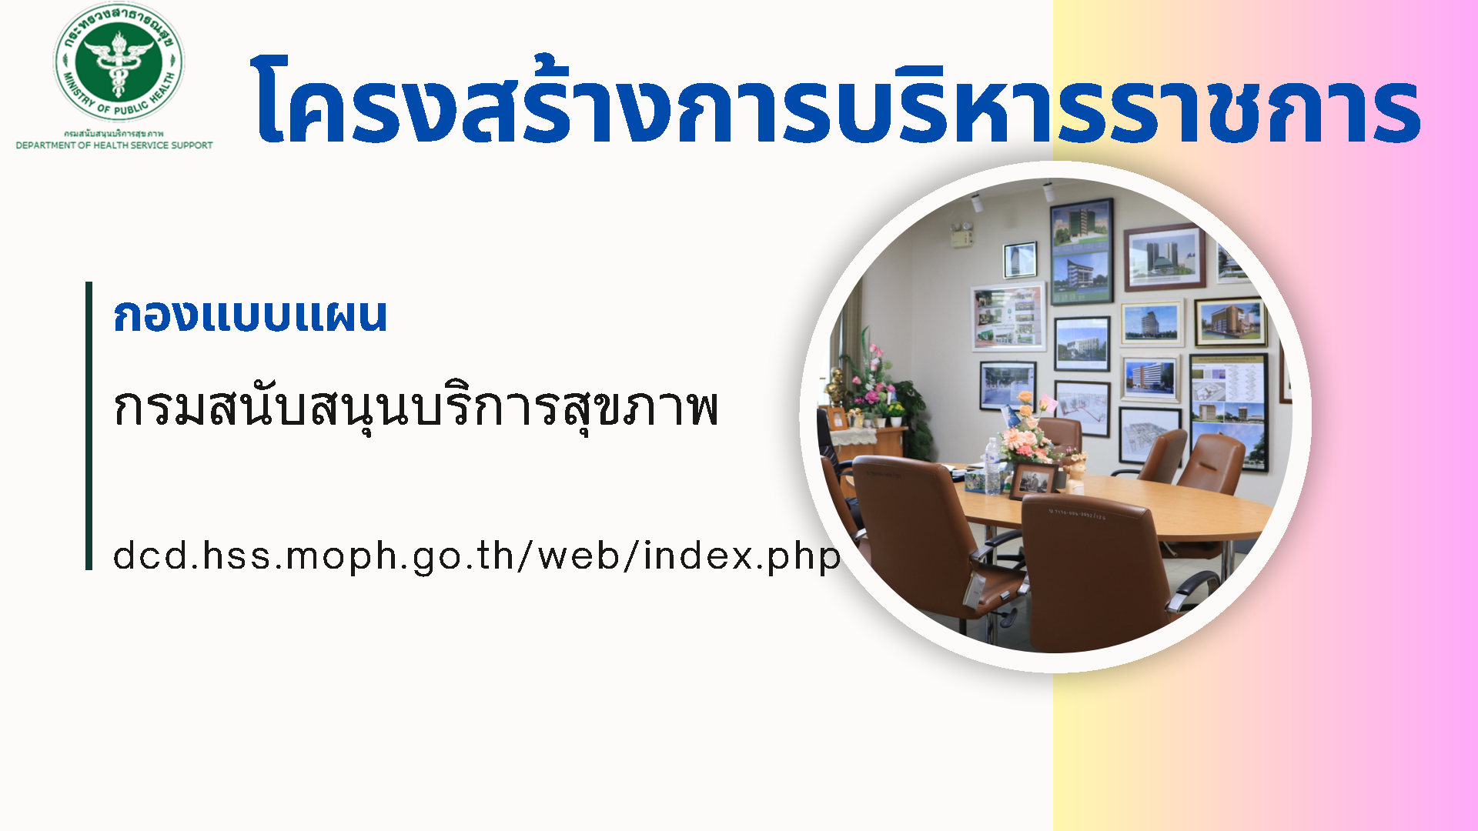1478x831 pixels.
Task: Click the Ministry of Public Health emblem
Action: point(119,62)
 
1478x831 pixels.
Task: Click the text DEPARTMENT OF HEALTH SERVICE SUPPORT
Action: point(114,145)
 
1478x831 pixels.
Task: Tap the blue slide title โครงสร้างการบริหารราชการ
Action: point(836,100)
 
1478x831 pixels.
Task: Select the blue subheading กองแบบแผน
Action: point(250,315)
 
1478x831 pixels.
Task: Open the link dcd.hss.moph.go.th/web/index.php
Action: point(477,556)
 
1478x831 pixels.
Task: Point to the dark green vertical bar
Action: point(89,426)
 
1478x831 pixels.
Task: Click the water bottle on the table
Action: point(993,466)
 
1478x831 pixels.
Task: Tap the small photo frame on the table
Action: point(1033,480)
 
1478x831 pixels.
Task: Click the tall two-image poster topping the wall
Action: point(1082,252)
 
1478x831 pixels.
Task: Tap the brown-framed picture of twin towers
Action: point(1165,257)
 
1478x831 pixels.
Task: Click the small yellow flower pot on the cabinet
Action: point(895,415)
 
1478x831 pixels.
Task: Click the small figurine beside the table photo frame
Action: point(1075,472)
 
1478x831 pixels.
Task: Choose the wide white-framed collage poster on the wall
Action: point(1008,316)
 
